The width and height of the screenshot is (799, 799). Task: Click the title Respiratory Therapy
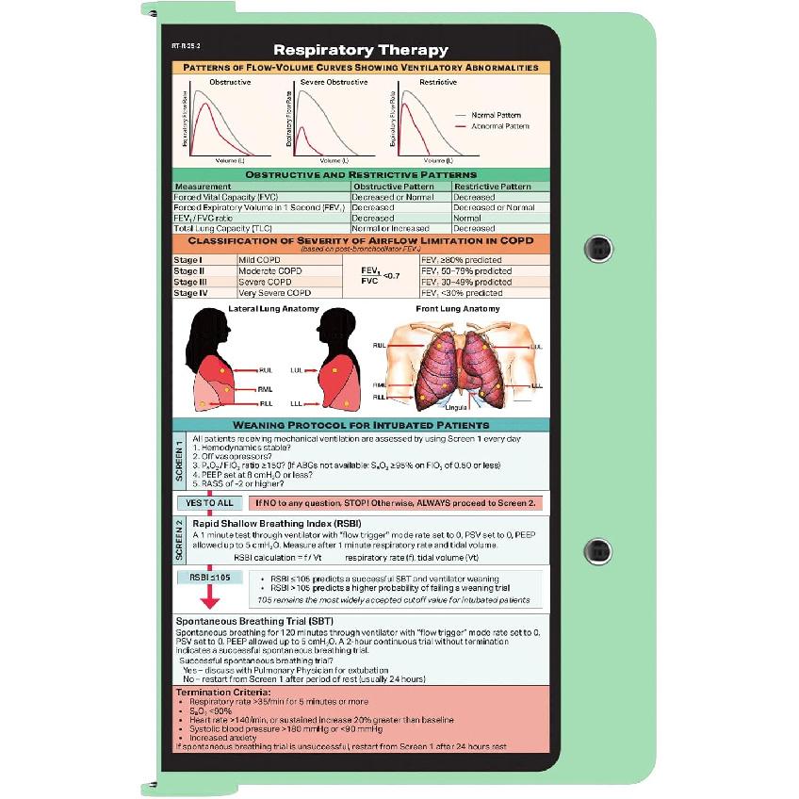[361, 50]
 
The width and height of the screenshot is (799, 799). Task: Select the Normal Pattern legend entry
[496, 115]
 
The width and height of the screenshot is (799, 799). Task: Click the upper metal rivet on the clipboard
[597, 248]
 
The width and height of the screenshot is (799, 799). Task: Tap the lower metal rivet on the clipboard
[597, 551]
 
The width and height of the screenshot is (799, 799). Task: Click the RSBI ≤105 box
[209, 577]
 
